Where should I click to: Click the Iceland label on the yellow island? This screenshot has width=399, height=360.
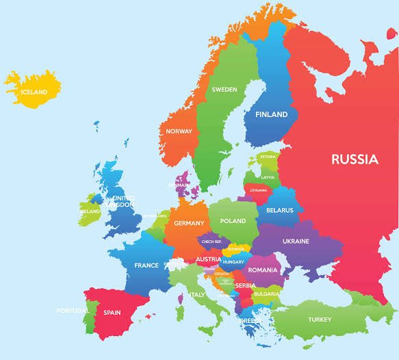click(x=34, y=92)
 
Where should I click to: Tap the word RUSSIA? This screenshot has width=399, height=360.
click(x=355, y=159)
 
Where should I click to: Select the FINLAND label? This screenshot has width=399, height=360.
click(x=271, y=115)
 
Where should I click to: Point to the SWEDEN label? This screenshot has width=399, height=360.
click(x=224, y=90)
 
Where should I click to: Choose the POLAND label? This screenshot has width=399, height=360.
click(x=233, y=221)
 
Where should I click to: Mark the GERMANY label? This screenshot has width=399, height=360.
click(x=189, y=223)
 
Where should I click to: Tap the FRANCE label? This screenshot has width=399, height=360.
click(x=146, y=266)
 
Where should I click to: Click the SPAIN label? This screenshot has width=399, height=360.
click(x=112, y=312)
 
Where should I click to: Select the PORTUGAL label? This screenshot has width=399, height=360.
click(x=72, y=311)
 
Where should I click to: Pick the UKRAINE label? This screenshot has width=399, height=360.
click(x=296, y=241)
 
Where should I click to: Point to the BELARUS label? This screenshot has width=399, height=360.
click(x=279, y=210)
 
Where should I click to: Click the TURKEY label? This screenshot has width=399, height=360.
click(x=319, y=320)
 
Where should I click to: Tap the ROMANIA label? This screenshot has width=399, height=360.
click(x=263, y=270)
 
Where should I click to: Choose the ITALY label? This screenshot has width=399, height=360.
click(x=197, y=295)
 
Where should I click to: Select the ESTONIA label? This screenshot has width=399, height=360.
click(x=268, y=157)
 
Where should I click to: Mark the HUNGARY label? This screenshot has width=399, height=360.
click(x=233, y=262)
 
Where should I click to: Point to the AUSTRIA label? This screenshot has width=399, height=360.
click(x=208, y=259)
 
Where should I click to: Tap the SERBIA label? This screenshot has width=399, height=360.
click(x=245, y=285)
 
